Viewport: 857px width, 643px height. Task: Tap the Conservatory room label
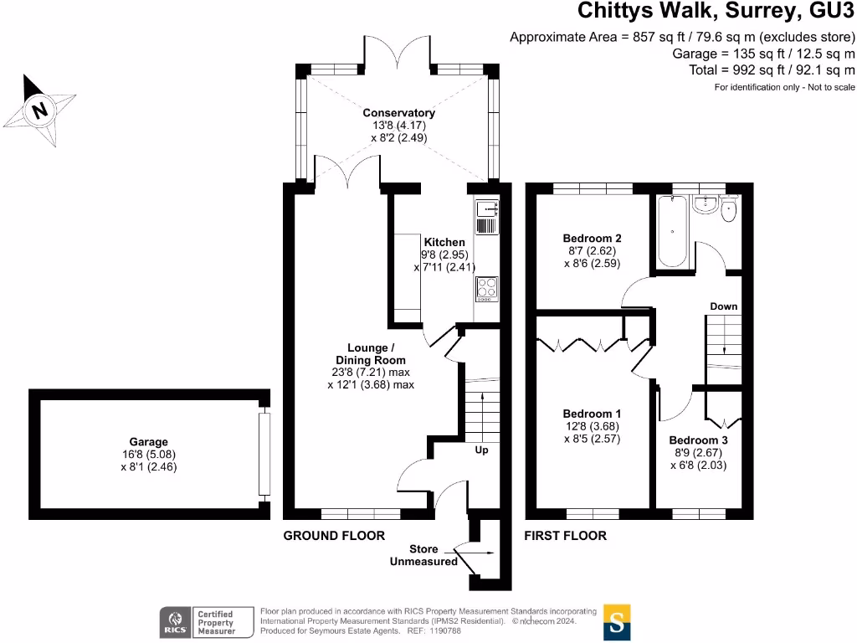(399, 113)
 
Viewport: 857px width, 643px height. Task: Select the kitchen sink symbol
(486, 208)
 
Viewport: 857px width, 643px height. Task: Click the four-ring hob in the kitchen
(486, 289)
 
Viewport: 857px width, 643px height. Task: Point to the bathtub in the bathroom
(672, 231)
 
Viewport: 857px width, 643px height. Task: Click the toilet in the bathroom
(729, 208)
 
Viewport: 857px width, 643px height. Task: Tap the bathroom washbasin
(706, 204)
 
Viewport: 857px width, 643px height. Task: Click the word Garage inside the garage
(149, 442)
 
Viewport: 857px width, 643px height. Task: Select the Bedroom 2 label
(592, 239)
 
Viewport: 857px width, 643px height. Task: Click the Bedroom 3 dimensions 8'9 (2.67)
(699, 453)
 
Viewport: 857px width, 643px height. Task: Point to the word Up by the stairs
(481, 450)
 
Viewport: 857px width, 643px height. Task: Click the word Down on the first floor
(724, 306)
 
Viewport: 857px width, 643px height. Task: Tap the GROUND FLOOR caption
(334, 536)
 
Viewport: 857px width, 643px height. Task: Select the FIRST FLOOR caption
(565, 536)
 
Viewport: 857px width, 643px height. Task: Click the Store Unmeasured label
(423, 555)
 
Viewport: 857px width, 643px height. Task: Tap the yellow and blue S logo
(617, 622)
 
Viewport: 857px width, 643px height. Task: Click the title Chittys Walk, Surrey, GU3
(716, 11)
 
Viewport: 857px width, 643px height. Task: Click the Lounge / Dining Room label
(371, 354)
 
